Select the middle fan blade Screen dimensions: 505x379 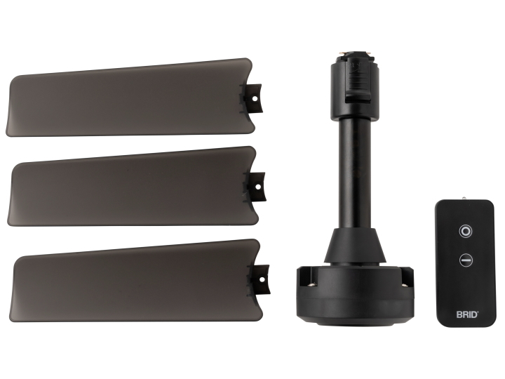pyautogui.click(x=132, y=187)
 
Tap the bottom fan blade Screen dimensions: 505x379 pyautogui.click(x=135, y=280)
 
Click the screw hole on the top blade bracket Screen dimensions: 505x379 pyautogui.click(x=255, y=99)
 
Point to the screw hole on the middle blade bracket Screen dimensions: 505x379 pyautogui.click(x=258, y=187)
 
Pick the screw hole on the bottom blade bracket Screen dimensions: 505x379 pyautogui.click(x=262, y=280)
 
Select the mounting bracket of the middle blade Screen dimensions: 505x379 pyautogui.click(x=255, y=187)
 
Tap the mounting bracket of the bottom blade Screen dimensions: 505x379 pyautogui.click(x=259, y=280)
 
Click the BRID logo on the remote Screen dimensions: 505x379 pyautogui.click(x=467, y=314)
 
